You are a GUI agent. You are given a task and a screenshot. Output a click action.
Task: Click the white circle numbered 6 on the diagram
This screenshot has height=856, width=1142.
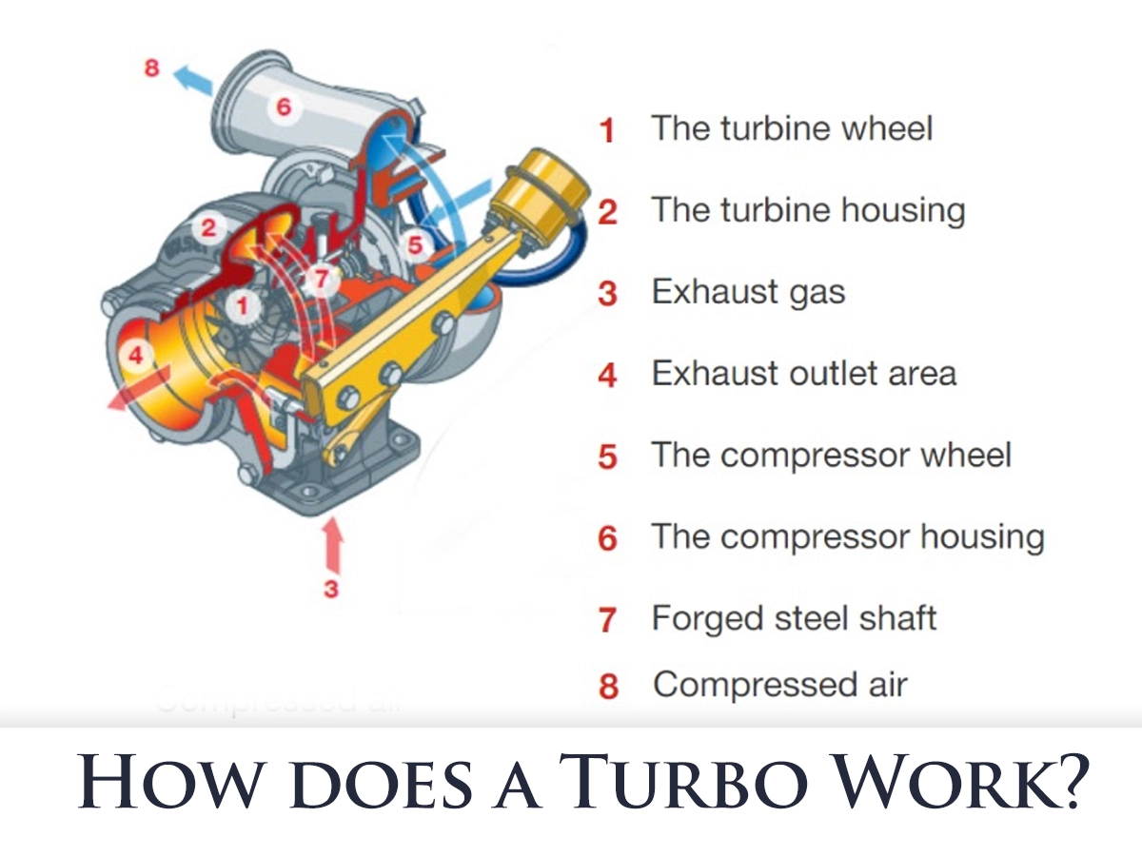[283, 107]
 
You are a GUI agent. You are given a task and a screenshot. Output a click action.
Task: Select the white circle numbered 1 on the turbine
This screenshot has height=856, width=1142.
[244, 306]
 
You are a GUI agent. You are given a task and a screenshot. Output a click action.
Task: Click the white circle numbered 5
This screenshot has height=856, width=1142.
[415, 245]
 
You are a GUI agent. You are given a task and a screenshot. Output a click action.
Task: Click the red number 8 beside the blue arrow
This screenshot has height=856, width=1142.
[151, 68]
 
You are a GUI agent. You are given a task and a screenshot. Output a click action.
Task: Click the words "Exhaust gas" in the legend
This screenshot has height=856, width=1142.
[748, 292]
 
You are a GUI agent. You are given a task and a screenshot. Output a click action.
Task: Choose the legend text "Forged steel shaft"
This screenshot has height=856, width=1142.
[794, 618]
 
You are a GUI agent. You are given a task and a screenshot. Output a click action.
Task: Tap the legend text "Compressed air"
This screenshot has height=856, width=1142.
[780, 685]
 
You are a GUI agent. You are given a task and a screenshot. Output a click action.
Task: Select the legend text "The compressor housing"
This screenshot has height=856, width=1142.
[847, 537]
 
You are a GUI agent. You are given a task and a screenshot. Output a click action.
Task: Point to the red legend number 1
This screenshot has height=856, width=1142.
[607, 130]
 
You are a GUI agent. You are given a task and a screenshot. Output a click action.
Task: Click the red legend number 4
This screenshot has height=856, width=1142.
[607, 375]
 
